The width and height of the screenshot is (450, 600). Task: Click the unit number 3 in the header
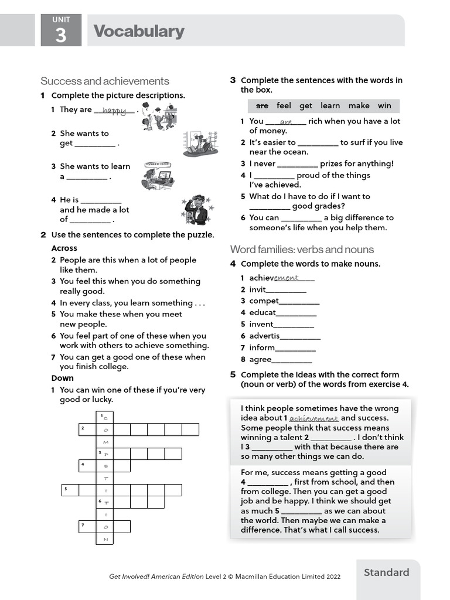click(60, 36)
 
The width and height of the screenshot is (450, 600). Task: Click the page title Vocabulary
click(139, 31)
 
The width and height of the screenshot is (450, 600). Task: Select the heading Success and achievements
click(105, 81)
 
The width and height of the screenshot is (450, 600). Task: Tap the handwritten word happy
click(114, 110)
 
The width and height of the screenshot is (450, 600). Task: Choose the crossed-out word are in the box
click(262, 105)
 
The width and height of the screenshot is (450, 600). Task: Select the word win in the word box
click(384, 105)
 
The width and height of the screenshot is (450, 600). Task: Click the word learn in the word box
click(330, 105)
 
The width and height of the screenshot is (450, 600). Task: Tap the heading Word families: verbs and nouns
click(302, 249)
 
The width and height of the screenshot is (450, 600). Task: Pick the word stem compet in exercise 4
click(264, 301)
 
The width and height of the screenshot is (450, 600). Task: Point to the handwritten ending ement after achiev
click(287, 278)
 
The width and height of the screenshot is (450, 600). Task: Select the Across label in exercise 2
click(64, 248)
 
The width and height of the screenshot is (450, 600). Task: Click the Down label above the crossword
click(63, 378)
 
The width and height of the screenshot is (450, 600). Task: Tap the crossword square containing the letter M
click(105, 442)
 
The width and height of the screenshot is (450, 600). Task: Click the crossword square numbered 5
click(70, 490)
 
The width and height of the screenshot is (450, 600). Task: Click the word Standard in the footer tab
click(386, 572)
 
